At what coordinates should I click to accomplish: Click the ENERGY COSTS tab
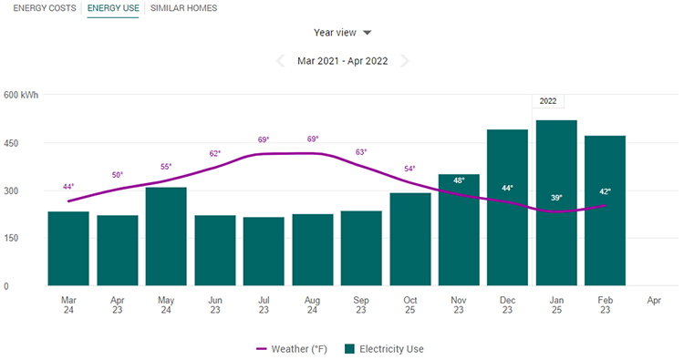[44, 8]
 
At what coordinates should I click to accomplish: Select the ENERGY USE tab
[113, 8]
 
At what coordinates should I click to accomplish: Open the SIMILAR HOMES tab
[183, 8]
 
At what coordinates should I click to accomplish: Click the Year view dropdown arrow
[368, 33]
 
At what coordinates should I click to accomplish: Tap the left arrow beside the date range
[281, 61]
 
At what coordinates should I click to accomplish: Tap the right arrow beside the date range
[404, 61]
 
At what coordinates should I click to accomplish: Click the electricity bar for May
[166, 237]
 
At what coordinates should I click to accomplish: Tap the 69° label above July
[264, 140]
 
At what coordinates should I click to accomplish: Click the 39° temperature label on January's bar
[556, 197]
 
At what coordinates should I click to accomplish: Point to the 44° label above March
[68, 187]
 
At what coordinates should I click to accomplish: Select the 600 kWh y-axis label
[20, 95]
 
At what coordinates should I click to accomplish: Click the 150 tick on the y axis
[14, 238]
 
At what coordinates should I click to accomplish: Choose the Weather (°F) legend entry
[293, 348]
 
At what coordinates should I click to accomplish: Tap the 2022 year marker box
[549, 101]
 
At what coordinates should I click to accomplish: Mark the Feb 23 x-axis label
[605, 304]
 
